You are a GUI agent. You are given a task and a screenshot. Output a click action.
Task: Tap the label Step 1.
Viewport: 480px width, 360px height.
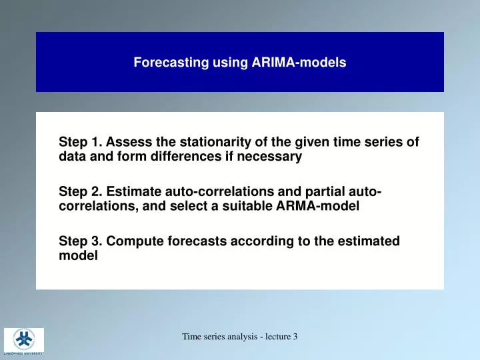tap(81, 142)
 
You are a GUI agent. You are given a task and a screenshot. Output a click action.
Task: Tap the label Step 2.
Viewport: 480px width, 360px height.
tap(81, 192)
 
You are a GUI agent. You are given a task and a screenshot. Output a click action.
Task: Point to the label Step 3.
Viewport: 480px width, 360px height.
tap(81, 241)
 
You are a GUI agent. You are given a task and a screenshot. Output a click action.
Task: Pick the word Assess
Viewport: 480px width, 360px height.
tap(127, 142)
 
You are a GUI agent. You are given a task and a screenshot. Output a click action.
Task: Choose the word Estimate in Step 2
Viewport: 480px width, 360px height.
tap(131, 192)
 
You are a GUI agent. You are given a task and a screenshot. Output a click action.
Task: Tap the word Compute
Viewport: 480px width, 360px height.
tap(131, 241)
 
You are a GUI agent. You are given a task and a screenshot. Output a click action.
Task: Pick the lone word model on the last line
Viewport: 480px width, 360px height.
tap(78, 256)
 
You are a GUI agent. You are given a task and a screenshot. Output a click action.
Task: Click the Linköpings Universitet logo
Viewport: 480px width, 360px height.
tap(24, 340)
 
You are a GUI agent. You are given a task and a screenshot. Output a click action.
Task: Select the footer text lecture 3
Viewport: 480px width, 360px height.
tap(282, 337)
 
